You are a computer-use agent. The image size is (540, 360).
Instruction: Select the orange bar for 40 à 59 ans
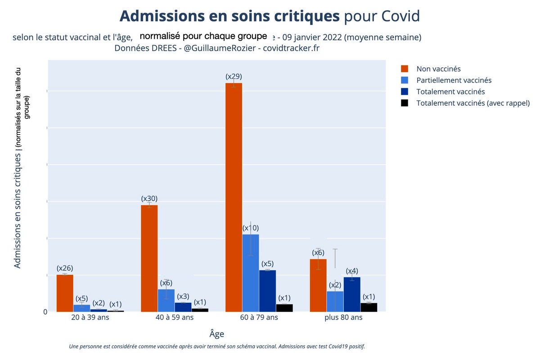coord(149,258)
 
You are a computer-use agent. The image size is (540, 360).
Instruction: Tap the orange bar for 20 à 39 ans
coord(65,293)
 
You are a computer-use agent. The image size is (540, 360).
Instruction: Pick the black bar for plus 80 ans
coord(369,307)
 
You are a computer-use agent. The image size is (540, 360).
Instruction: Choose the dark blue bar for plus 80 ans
coord(352,294)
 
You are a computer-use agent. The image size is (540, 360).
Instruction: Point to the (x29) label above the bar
coord(234,76)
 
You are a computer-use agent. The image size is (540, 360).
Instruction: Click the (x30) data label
coord(149,198)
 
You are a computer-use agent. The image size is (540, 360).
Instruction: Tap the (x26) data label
coord(65,268)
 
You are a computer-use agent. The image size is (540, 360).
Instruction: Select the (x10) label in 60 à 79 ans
coord(251,228)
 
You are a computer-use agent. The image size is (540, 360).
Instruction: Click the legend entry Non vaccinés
coord(438,69)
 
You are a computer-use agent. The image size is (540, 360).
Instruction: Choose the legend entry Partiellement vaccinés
coord(454,80)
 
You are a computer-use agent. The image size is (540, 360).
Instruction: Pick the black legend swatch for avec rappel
coord(405,103)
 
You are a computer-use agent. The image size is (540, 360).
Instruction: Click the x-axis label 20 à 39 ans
coord(90,317)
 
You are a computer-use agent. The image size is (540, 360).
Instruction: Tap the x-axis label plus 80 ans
coord(343,317)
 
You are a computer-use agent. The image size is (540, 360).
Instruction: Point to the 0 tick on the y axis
coord(45,311)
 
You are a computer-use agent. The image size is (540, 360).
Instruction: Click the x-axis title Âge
coord(216,334)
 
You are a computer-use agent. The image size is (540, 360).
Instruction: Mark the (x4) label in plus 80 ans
coord(352,271)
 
